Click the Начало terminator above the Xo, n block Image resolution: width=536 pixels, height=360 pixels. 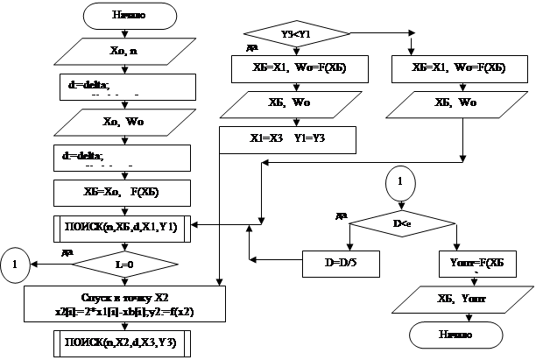[x=123, y=16]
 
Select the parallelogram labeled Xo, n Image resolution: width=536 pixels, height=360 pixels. [x=123, y=51]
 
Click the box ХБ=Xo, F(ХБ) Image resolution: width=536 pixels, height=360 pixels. [x=123, y=192]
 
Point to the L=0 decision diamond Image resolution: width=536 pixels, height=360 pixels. [x=122, y=261]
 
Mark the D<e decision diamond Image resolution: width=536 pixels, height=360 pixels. [x=403, y=225]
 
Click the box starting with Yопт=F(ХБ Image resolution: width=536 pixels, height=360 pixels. [x=471, y=261]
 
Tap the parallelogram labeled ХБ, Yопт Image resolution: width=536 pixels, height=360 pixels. [x=458, y=300]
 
